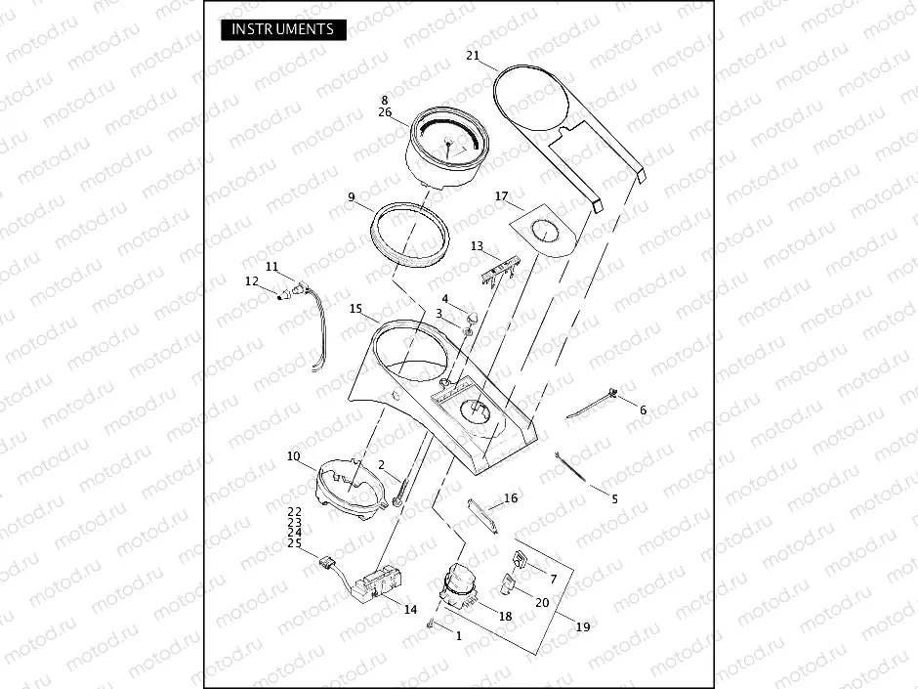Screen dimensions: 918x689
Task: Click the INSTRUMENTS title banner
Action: point(283,29)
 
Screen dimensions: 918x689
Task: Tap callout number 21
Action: point(473,55)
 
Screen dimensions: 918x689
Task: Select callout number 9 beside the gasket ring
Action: point(352,196)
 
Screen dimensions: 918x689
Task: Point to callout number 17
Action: point(502,195)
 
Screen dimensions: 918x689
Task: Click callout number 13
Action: point(478,246)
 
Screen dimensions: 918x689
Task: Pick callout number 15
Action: point(355,308)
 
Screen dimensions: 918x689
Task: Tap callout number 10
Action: point(293,455)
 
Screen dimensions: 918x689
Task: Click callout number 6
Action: point(643,410)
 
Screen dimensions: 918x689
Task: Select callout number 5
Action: point(614,499)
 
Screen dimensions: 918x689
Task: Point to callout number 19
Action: point(583,626)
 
